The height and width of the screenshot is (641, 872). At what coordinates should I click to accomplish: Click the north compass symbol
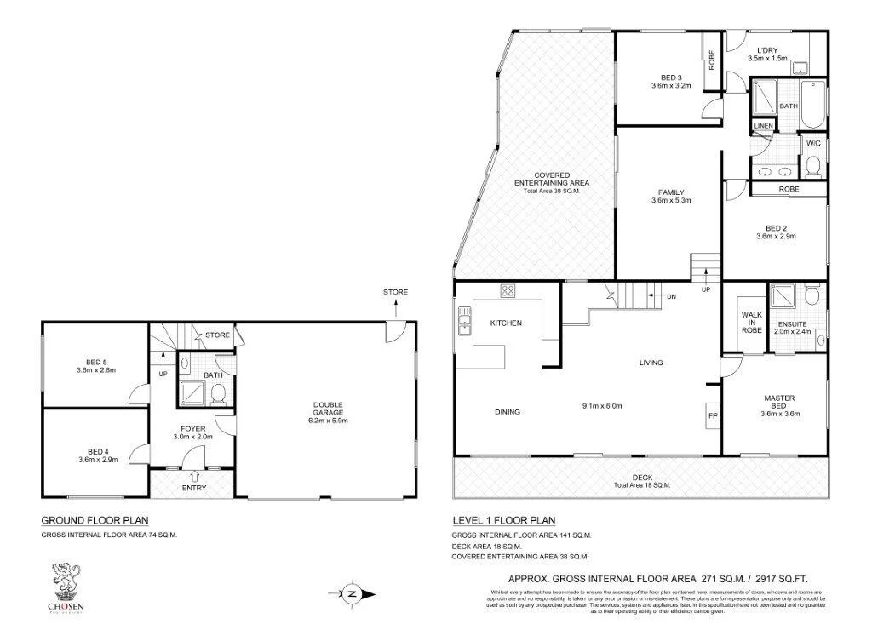[x=350, y=593]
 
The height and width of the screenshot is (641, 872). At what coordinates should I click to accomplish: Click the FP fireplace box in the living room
[x=712, y=415]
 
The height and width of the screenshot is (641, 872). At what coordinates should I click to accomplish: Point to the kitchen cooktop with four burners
[x=508, y=291]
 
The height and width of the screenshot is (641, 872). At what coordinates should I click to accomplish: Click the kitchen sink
[x=463, y=320]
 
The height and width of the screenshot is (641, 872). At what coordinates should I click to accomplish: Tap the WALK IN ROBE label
[x=750, y=323]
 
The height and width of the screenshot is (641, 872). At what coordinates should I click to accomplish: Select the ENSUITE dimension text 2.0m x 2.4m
[x=793, y=333]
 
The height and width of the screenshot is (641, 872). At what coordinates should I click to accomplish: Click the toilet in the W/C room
[x=813, y=163]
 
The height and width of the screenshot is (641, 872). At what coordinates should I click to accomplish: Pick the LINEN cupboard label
[x=762, y=126]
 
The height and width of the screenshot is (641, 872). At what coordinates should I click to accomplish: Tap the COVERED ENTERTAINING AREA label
[x=551, y=179]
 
